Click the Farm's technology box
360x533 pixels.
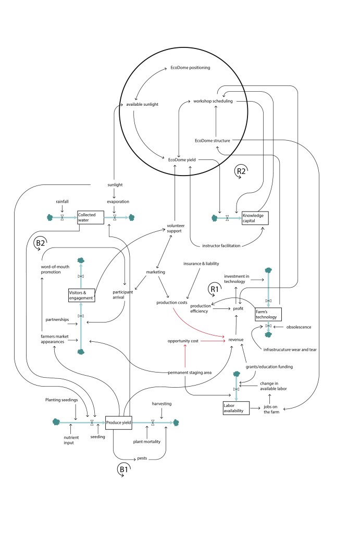pos(268,314)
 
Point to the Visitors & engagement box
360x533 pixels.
pos(82,295)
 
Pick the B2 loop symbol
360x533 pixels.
pos(40,244)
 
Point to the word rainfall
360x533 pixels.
pos(63,201)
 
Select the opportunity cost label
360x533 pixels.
pos(182,341)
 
